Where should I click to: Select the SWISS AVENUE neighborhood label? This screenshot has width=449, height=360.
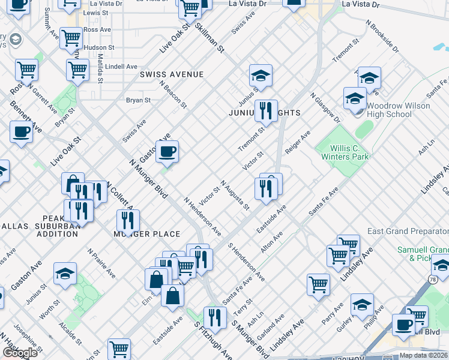tap(172, 74)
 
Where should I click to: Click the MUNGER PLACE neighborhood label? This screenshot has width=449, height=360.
tap(147, 234)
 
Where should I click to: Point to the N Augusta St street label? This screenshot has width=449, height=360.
tap(235, 196)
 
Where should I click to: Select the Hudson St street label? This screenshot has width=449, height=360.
tap(99, 47)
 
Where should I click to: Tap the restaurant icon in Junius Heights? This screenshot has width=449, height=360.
tap(265, 111)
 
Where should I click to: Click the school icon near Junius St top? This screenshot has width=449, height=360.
tap(261, 76)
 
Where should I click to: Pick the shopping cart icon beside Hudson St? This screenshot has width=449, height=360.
tap(71, 38)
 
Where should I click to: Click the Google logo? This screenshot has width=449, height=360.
tap(20, 353)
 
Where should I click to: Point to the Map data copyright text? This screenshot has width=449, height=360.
tap(423, 355)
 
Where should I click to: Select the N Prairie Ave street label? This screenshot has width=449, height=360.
tap(101, 263)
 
